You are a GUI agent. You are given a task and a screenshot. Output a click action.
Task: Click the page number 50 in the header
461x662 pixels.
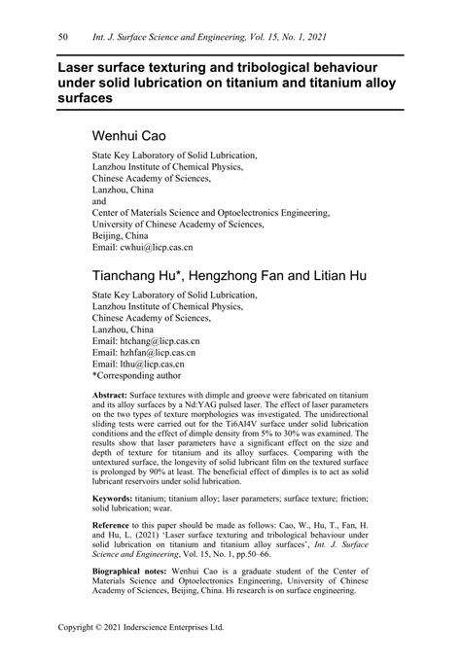click(x=62, y=36)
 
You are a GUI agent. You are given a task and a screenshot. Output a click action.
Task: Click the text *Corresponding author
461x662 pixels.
click(x=137, y=379)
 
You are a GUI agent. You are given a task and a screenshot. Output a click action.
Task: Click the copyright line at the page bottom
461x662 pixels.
click(x=141, y=628)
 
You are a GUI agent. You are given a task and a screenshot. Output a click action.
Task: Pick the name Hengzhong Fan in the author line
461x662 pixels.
click(x=248, y=275)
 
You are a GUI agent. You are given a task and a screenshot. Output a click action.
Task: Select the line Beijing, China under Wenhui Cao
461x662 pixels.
click(x=120, y=234)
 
